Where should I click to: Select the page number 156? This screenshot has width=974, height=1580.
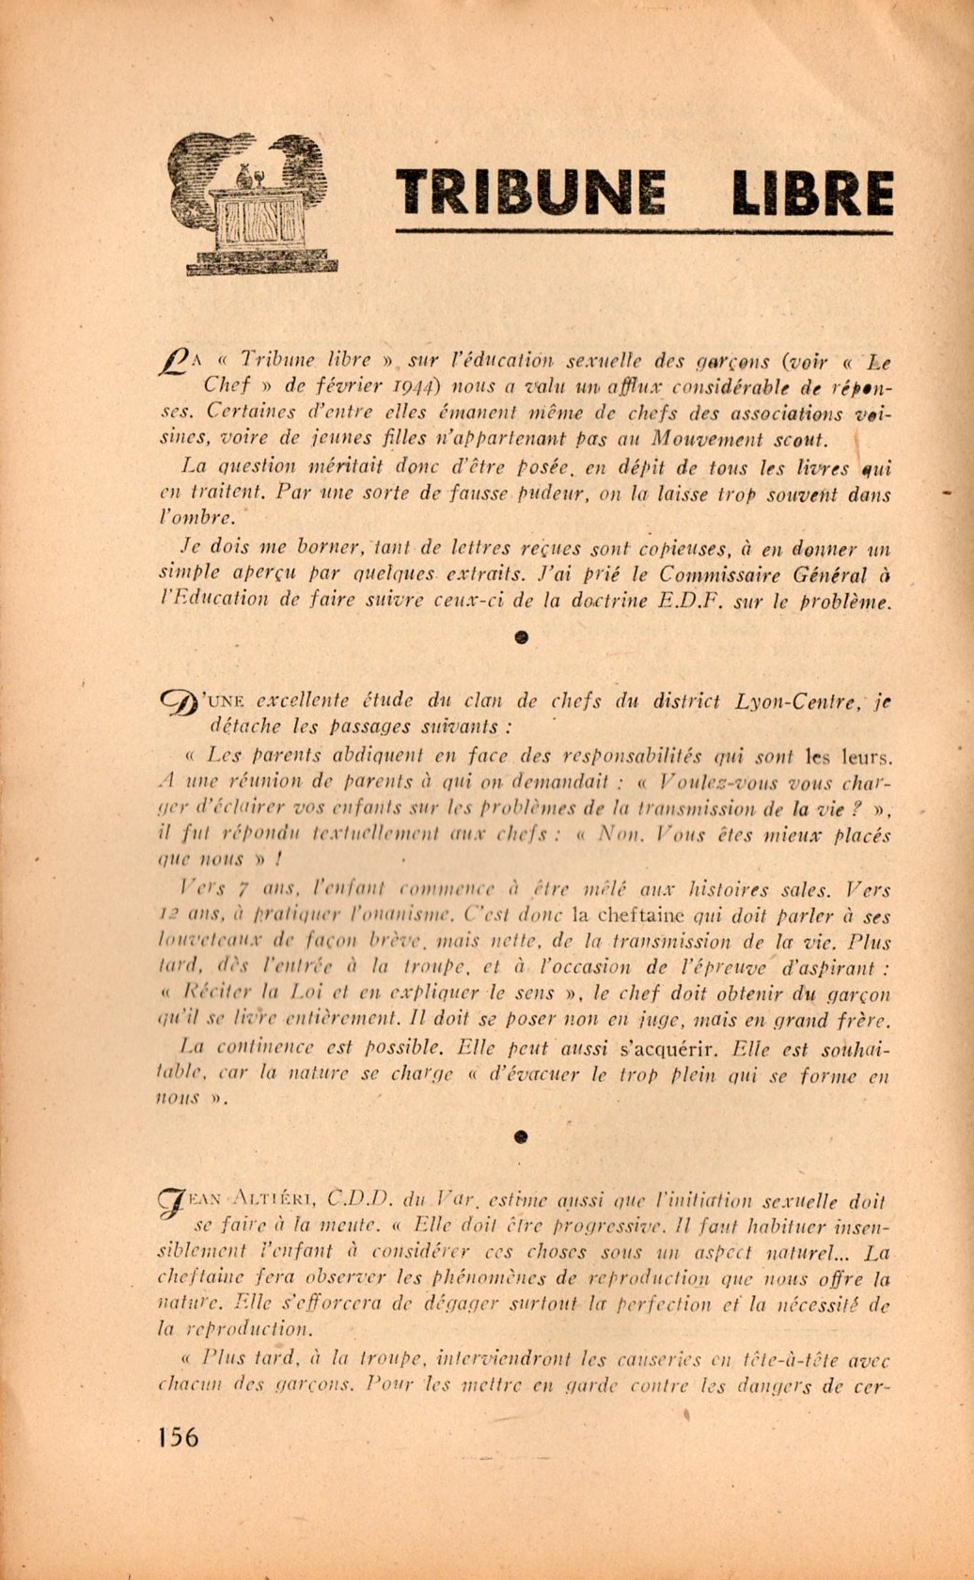point(179,1437)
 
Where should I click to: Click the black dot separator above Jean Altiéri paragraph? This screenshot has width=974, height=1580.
point(522,1137)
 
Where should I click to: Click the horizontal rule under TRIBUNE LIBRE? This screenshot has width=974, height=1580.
point(644,230)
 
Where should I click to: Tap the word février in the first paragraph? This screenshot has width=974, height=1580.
point(311,386)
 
